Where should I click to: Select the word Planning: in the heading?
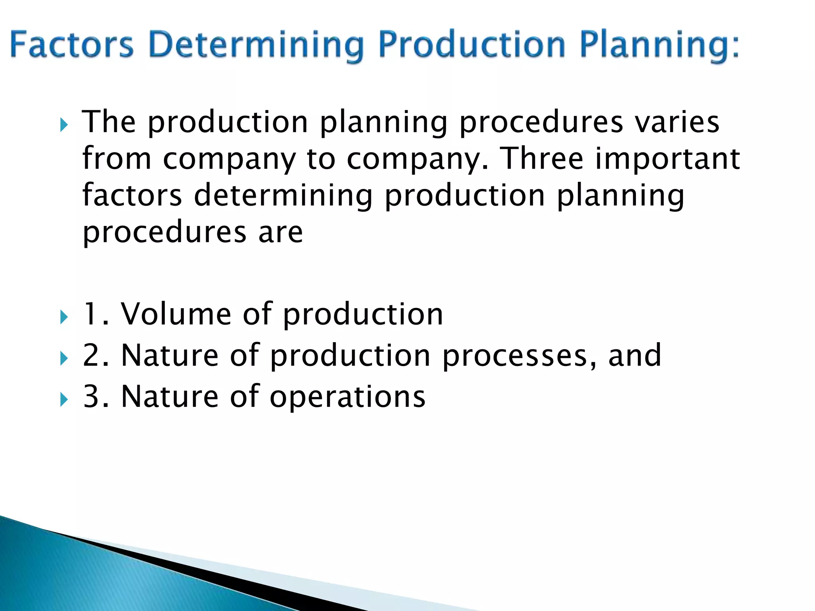pos(659,45)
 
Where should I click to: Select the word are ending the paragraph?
pos(281,232)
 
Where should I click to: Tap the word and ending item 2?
pos(634,355)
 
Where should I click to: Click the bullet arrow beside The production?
pos(64,126)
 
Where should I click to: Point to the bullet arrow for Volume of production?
pos(64,317)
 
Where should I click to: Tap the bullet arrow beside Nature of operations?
pos(64,400)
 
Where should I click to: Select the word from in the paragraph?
pos(117,158)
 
